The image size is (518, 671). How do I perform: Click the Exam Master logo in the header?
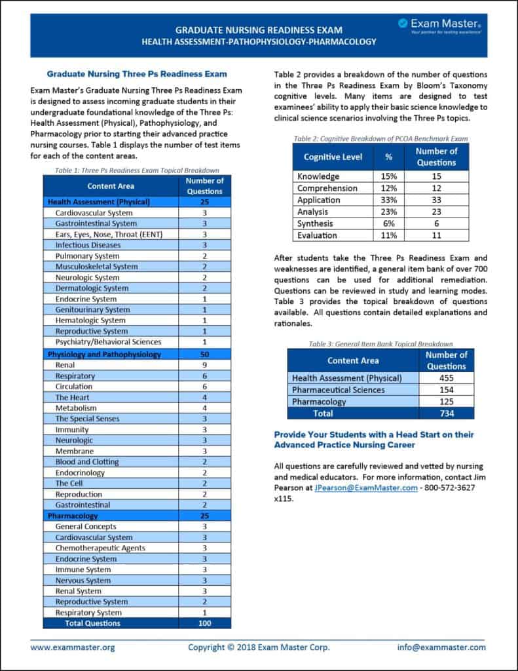coord(440,26)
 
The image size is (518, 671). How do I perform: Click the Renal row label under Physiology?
coord(65,365)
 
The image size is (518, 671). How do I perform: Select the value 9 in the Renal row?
coord(204,365)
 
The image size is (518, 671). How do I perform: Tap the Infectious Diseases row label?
coord(88,245)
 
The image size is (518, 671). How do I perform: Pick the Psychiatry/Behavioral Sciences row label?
coord(108,342)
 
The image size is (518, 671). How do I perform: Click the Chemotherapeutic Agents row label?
coord(100,548)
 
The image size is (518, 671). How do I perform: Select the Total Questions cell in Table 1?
coord(92,623)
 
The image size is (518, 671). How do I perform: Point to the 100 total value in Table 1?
coord(204,623)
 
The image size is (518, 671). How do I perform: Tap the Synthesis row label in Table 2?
coord(315,223)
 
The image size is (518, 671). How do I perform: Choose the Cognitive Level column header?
coord(333,157)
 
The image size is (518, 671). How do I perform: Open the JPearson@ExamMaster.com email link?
coord(365,488)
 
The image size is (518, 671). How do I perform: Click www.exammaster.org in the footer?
coord(73,647)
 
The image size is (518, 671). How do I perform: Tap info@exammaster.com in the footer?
coord(441,647)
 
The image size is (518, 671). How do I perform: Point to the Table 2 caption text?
coord(380,139)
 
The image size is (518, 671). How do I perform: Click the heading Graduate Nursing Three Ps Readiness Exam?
coord(137,74)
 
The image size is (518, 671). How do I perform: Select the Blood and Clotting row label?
coord(87,462)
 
